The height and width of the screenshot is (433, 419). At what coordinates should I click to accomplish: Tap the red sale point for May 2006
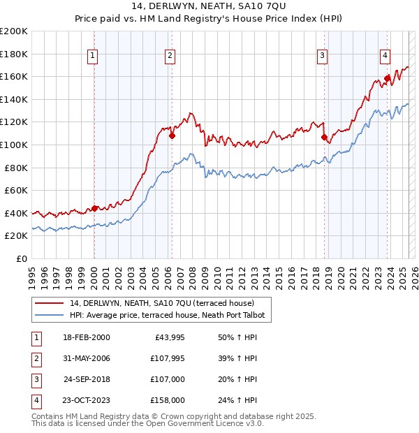172,135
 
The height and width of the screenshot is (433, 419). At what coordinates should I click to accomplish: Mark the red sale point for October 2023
387,78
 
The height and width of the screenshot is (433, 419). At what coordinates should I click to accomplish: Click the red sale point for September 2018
324,137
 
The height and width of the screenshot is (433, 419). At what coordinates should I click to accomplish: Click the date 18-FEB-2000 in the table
86,337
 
